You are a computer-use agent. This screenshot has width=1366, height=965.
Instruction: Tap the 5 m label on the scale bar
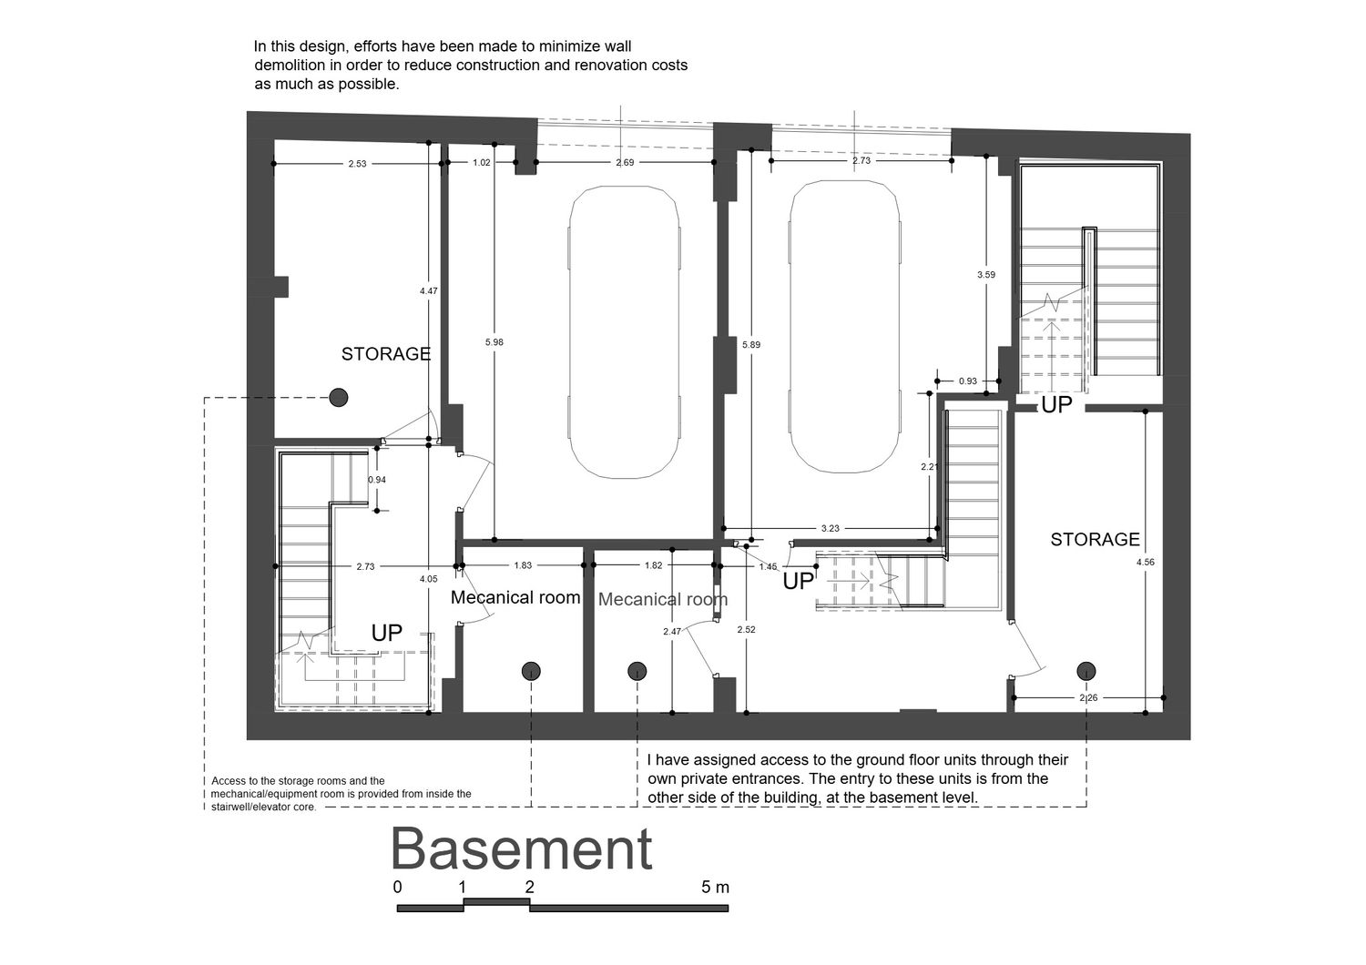click(715, 887)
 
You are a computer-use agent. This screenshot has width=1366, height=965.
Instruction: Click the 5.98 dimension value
click(494, 342)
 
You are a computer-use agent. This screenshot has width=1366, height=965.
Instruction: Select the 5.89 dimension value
click(751, 344)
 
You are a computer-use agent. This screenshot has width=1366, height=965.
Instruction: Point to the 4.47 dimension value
click(429, 291)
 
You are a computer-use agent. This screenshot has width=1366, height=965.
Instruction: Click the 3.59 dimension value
click(986, 275)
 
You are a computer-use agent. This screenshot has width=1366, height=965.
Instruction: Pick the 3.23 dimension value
click(830, 529)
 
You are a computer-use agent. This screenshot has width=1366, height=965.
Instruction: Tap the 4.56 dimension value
click(1146, 563)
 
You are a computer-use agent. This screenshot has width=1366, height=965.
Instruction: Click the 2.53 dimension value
click(357, 164)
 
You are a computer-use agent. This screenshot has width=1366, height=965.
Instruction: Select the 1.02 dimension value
click(482, 163)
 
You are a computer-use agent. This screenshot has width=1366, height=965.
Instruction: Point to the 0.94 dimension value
click(377, 480)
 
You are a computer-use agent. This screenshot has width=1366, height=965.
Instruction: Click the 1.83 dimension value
click(523, 565)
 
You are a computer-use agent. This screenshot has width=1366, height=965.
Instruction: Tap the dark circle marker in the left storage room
click(339, 398)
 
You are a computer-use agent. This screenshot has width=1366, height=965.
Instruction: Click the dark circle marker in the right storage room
click(1086, 671)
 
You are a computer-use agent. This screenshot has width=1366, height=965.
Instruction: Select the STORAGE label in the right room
click(1095, 540)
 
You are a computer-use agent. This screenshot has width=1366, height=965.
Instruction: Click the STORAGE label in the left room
click(386, 354)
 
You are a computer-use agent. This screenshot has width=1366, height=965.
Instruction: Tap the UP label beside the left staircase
click(387, 634)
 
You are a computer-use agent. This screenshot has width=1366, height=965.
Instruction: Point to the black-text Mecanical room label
click(515, 597)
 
